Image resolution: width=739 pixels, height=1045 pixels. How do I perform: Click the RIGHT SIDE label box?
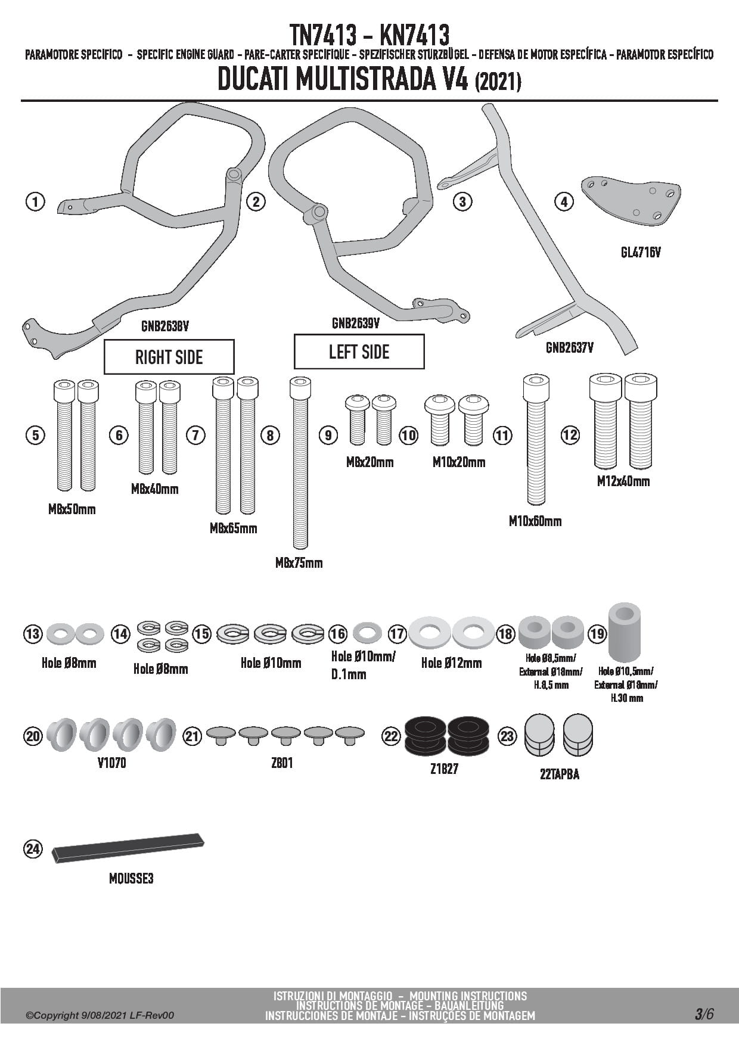click(169, 357)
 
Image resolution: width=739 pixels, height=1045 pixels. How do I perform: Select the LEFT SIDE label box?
click(359, 352)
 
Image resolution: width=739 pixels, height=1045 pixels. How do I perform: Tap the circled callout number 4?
click(564, 201)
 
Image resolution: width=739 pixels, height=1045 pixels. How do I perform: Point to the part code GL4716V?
click(641, 253)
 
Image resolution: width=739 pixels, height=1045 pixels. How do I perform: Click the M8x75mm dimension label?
click(299, 562)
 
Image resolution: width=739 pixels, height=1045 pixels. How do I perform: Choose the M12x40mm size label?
click(623, 481)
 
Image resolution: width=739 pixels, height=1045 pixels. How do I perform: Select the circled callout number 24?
click(33, 848)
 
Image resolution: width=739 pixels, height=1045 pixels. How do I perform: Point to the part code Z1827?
click(444, 769)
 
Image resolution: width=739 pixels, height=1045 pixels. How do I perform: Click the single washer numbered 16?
click(367, 632)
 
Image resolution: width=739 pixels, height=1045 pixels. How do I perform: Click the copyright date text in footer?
click(100, 1015)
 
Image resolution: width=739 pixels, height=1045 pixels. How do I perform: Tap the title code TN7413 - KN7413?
click(369, 35)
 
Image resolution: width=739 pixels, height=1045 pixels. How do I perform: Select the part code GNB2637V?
click(569, 347)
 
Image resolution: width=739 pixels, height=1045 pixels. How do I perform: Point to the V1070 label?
click(111, 763)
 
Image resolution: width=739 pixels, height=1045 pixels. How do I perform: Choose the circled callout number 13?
click(33, 633)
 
